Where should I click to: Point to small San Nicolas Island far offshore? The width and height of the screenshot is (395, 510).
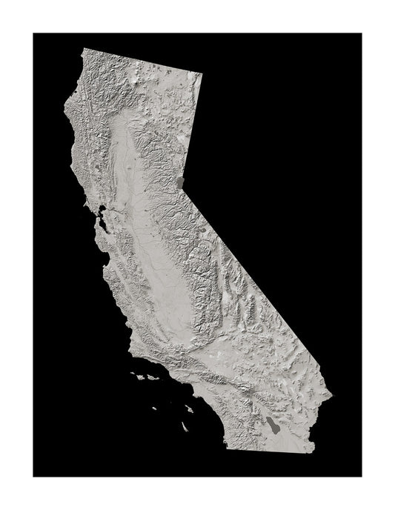159,407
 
